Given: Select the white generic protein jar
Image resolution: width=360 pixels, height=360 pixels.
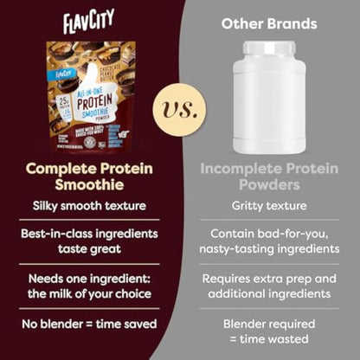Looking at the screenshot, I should coord(270,104).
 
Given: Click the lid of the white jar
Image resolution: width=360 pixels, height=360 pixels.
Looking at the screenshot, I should coord(270,48).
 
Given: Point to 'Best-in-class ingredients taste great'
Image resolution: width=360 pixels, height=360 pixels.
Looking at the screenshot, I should coord(89,242).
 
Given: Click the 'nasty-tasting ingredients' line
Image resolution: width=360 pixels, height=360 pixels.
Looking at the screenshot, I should coord(270,250).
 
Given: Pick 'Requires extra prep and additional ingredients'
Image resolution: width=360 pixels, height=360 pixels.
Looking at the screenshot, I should coord(270,286).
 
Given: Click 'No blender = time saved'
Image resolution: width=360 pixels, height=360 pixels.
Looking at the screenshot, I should coord(89,325).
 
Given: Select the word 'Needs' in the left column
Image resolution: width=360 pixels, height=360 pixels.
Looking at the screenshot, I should coord(49,279).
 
